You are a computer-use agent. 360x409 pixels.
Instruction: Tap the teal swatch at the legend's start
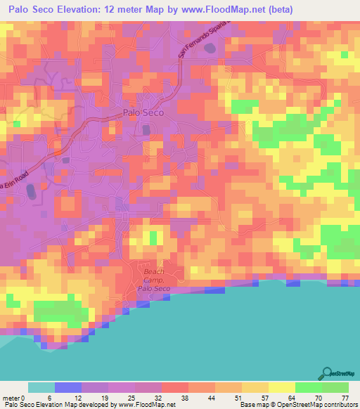point(41,387)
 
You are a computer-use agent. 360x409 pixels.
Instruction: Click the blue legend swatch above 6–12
point(67,387)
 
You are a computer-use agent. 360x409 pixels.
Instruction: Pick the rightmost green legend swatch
point(335,387)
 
